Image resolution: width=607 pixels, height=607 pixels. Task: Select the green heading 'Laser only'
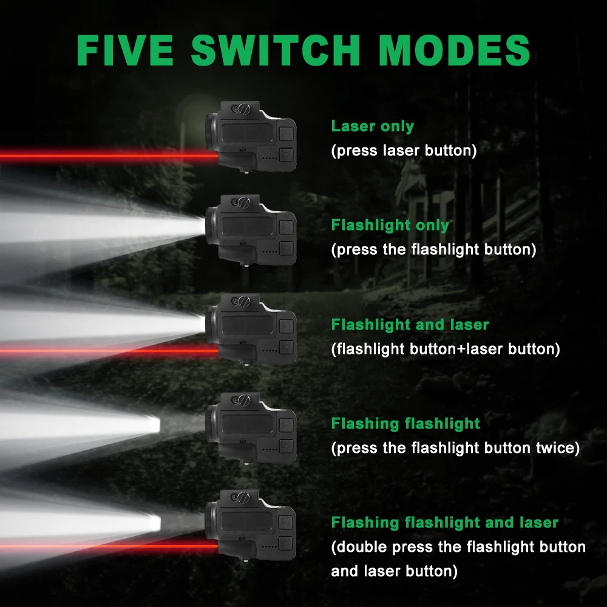pos(372,127)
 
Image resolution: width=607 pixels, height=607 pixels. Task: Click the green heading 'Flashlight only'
pos(390,226)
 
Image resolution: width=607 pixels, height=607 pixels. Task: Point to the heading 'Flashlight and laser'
pos(410,325)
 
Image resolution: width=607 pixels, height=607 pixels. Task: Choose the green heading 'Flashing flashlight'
pos(405,424)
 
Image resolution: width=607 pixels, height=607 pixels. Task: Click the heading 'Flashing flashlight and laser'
pos(444,523)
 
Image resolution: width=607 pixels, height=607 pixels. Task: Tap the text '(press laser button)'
pos(404,151)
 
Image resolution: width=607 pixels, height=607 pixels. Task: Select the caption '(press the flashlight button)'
pos(433,249)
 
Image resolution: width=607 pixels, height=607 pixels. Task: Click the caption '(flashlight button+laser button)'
pos(446,349)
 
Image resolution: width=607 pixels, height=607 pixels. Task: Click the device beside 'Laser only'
pos(251,136)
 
